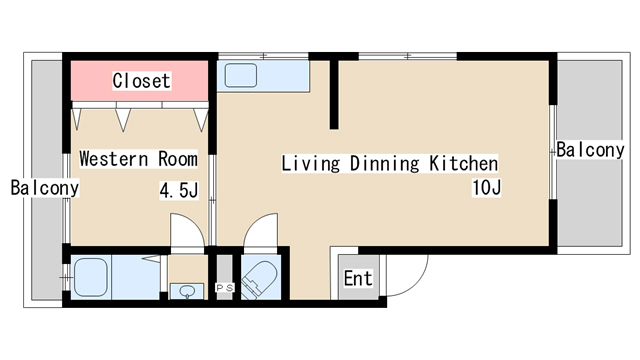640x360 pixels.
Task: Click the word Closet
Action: click(141, 81)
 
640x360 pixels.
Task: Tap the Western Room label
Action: click(138, 159)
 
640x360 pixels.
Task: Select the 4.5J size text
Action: click(179, 190)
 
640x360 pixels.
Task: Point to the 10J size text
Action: click(487, 188)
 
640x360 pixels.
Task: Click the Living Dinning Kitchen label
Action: click(390, 164)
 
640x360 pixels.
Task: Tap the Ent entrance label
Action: click(358, 278)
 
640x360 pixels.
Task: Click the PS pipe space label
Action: click(224, 288)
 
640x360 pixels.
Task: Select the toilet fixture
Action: click(260, 278)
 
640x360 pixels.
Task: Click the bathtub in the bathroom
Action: click(91, 277)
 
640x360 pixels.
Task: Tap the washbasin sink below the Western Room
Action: click(187, 291)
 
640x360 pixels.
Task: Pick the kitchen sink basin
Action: click(241, 76)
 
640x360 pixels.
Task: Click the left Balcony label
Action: click(44, 188)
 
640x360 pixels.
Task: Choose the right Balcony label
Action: click(590, 150)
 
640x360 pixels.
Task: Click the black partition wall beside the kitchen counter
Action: click(334, 95)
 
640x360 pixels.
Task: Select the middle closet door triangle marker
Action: click(123, 120)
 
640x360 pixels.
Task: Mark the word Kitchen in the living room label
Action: click(464, 164)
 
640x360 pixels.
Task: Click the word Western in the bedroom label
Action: click(113, 159)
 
